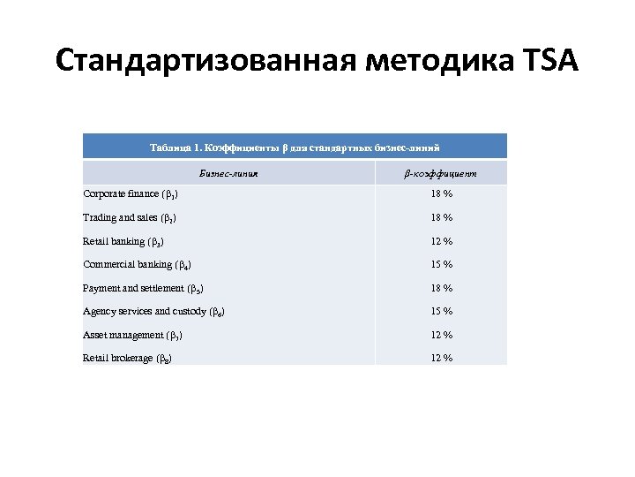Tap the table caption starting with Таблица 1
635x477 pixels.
(x=295, y=147)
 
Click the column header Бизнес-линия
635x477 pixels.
(x=228, y=173)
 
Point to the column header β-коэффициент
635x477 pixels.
(x=441, y=173)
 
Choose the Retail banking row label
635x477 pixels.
(x=123, y=241)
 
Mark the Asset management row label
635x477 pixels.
(x=133, y=335)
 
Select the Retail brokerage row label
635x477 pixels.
(x=127, y=358)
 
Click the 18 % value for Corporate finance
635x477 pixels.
(x=442, y=194)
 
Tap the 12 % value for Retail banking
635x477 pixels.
(x=442, y=241)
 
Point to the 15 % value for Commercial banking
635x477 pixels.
(x=442, y=264)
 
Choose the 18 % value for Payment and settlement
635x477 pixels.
(x=442, y=288)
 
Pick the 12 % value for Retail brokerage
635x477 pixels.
(x=442, y=358)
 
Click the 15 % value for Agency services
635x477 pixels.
(x=442, y=311)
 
